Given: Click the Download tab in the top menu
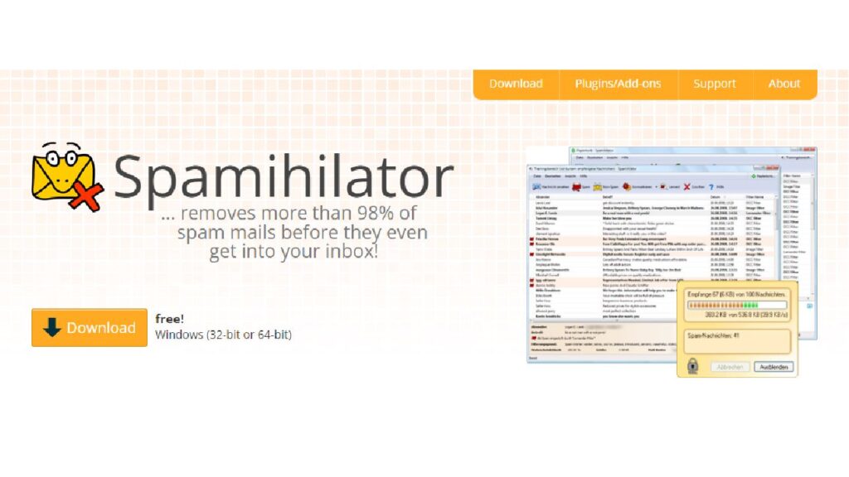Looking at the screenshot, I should [x=516, y=84].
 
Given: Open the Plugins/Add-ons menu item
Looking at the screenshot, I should [x=618, y=84].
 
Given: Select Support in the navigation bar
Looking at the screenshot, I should [x=715, y=84].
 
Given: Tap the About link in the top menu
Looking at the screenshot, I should [x=784, y=84].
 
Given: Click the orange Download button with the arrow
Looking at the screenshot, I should [x=90, y=328].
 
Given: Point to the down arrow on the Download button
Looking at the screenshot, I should [x=52, y=328].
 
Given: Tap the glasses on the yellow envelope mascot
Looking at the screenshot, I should [x=56, y=155].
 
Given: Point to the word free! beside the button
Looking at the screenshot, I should [x=169, y=319].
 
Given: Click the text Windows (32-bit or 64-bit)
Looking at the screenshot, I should [x=223, y=335].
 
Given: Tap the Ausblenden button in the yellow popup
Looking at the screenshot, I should [x=773, y=366].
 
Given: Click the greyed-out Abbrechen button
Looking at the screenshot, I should [x=730, y=366].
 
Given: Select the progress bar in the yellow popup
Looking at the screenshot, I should [x=736, y=305].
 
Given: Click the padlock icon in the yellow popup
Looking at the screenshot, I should [x=692, y=364].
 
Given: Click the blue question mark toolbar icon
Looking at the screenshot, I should [x=711, y=188].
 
